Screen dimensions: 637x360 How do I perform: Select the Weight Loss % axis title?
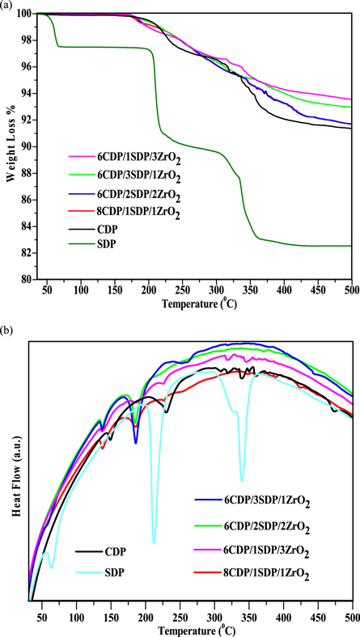(11, 146)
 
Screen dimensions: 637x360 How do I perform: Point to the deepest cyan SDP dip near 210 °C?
(154, 542)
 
